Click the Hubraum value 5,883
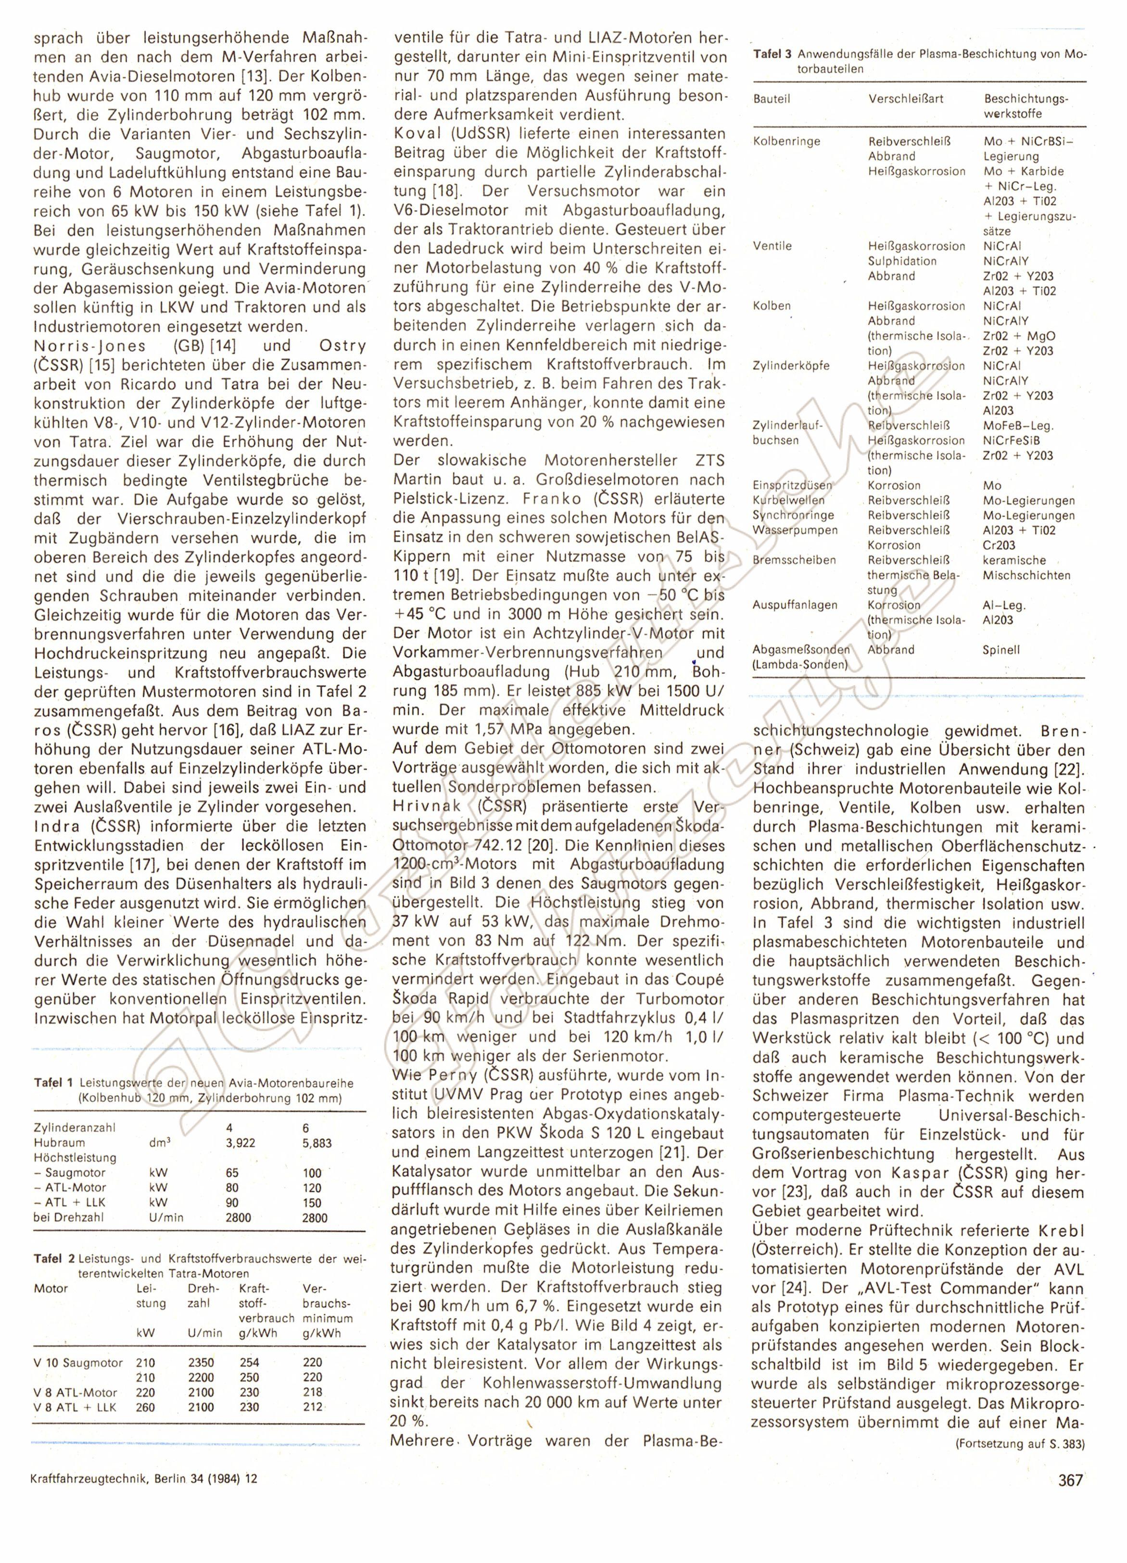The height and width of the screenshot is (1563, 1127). click(317, 1143)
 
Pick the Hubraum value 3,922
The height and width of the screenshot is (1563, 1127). click(241, 1143)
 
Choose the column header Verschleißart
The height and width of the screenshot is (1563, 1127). click(906, 99)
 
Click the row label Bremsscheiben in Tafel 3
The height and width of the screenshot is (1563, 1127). click(785, 560)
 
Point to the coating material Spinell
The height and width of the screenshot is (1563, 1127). click(1001, 650)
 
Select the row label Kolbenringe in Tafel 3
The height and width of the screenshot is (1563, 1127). click(786, 141)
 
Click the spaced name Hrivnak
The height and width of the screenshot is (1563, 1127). click(431, 807)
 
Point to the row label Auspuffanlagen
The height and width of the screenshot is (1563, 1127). click(786, 605)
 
